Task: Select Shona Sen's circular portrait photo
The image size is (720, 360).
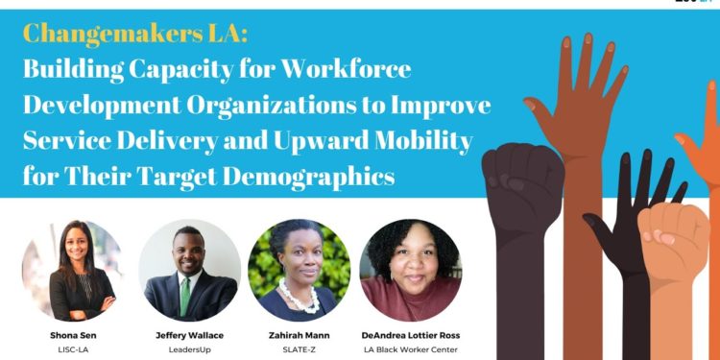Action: click(x=72, y=271)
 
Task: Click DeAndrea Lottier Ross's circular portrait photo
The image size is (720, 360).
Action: click(x=410, y=271)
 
